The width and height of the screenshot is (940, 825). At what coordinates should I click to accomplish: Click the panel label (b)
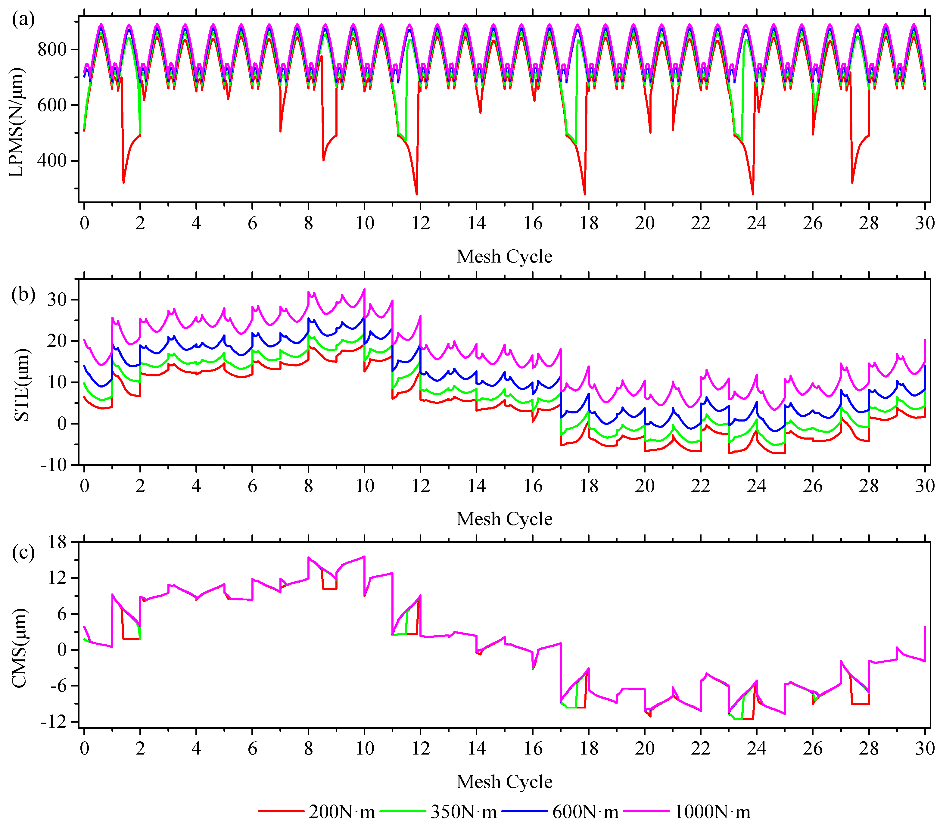click(x=23, y=294)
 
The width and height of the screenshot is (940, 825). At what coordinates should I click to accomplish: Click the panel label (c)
click(x=23, y=552)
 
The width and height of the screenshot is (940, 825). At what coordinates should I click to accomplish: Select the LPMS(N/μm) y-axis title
click(x=17, y=122)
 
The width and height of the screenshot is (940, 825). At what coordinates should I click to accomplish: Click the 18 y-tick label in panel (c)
click(x=58, y=542)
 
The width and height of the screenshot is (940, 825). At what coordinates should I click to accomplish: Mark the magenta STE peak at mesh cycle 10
click(x=364, y=289)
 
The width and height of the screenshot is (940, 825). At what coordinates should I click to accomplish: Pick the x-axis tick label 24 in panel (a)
click(x=757, y=223)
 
